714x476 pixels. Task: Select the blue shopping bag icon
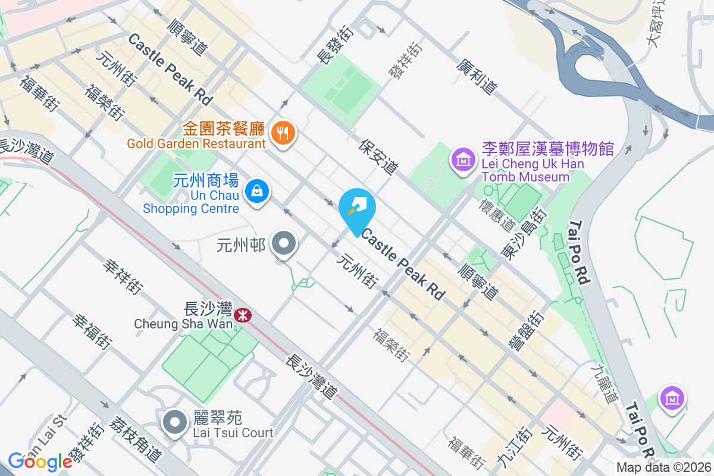coord(256,191)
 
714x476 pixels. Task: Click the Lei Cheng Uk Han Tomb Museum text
coord(532,162)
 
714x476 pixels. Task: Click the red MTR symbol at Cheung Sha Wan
coord(242,315)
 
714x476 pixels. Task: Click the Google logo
coord(40,461)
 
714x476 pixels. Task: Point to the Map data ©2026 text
coord(663,467)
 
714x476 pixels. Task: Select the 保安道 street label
coord(378,156)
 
